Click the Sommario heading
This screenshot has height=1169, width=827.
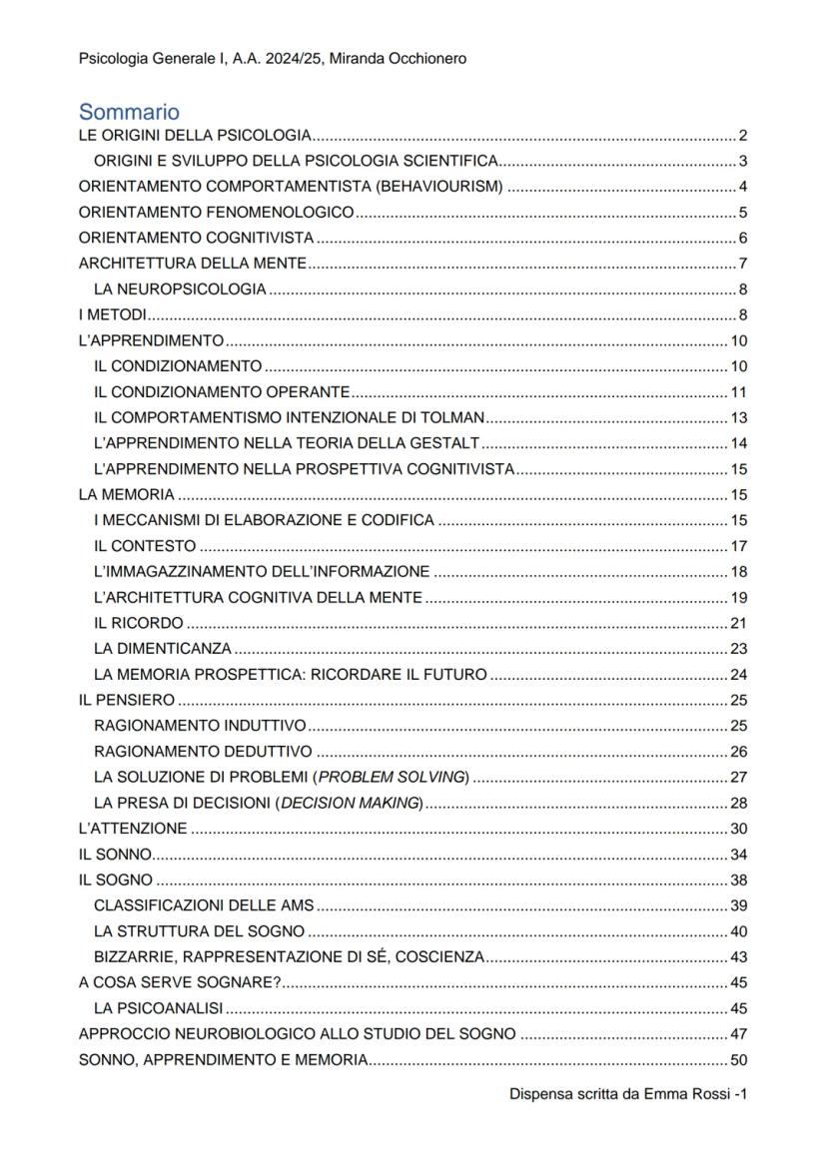pyautogui.click(x=129, y=111)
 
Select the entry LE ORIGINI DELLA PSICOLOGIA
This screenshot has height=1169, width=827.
pyautogui.click(x=196, y=136)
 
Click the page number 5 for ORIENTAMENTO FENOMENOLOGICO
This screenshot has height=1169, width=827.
pyautogui.click(x=743, y=213)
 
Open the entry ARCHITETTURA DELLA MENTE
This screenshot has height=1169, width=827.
pyautogui.click(x=192, y=264)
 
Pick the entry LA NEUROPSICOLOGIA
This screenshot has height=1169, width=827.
pyautogui.click(x=180, y=290)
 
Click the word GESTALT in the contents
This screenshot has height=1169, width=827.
pyautogui.click(x=445, y=443)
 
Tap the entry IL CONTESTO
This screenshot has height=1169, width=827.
pyautogui.click(x=145, y=545)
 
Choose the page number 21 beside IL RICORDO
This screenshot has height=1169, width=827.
pyautogui.click(x=739, y=623)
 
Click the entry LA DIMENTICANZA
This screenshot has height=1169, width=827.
pyautogui.click(x=163, y=648)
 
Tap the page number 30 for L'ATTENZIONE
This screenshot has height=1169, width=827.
pyautogui.click(x=739, y=829)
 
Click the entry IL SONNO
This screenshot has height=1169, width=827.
pyautogui.click(x=115, y=855)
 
